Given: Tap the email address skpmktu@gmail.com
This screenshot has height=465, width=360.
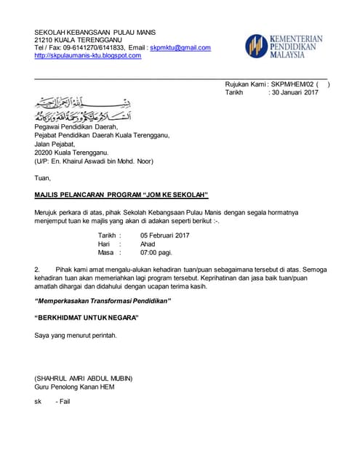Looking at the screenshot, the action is (180, 48).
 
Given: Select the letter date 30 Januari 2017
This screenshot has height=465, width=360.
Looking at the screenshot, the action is (295, 93).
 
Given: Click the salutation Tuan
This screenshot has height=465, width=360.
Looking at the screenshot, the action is (43, 178).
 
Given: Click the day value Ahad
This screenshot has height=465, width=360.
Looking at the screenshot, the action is (148, 245).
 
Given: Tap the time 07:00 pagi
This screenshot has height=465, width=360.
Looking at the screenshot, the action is (156, 254).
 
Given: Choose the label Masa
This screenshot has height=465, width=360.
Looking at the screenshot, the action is (107, 254).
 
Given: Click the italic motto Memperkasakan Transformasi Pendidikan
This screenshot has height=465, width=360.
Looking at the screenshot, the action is (103, 302).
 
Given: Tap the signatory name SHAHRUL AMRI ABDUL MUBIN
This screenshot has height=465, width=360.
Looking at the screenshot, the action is (87, 378).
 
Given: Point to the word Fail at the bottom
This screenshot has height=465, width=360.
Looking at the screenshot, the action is (64, 402).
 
